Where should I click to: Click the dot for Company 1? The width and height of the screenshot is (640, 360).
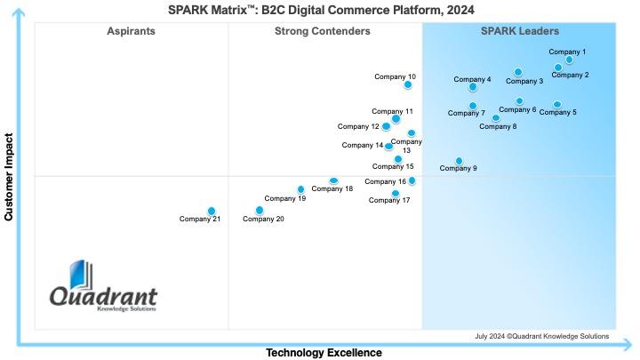(569, 60)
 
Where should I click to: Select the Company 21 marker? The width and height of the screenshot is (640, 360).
(212, 211)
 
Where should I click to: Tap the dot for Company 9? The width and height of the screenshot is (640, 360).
(459, 161)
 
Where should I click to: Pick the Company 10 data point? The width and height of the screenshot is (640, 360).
(408, 85)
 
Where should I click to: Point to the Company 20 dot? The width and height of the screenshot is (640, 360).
(260, 211)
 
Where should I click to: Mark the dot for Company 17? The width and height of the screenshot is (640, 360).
(396, 193)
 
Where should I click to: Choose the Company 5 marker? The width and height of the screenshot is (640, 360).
(557, 105)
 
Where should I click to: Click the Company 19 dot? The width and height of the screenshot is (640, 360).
(300, 188)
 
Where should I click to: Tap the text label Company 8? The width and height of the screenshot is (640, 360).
(498, 126)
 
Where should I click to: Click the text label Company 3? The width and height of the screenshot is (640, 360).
(524, 81)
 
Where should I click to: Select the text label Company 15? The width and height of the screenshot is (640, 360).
(393, 166)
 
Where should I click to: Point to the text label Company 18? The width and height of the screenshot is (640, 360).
(332, 188)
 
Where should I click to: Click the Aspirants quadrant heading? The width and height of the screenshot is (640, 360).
(131, 31)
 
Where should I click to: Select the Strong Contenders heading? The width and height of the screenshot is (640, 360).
(323, 31)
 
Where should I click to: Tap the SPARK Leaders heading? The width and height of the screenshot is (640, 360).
(520, 31)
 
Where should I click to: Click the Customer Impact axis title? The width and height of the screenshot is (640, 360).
(9, 178)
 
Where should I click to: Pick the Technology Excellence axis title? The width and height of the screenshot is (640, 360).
(324, 353)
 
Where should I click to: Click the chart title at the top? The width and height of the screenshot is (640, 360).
(321, 10)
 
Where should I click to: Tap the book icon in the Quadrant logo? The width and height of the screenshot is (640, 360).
(80, 275)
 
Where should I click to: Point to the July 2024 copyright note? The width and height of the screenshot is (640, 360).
(542, 336)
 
